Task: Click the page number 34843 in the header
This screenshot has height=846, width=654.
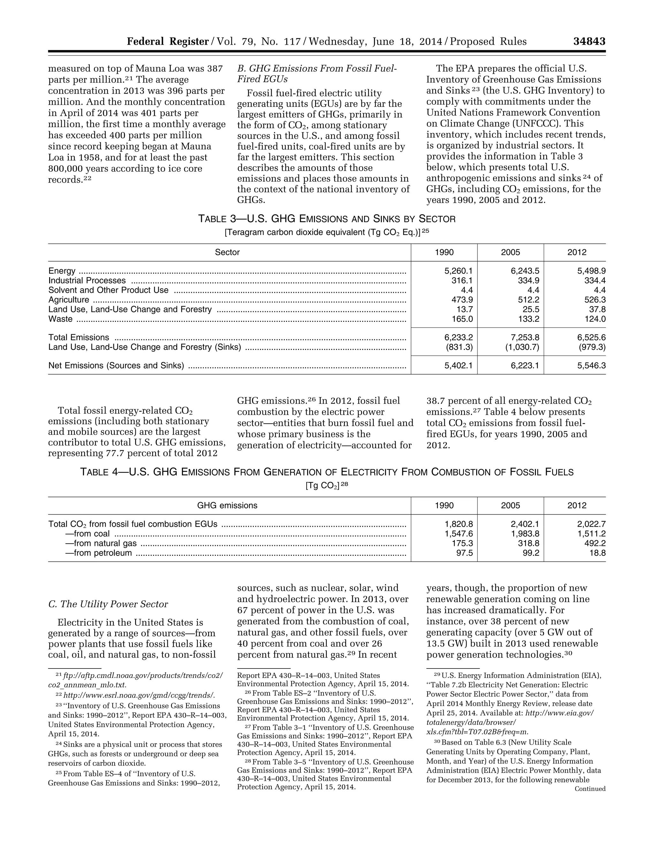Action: coord(589,42)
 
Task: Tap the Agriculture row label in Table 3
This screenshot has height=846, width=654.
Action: coord(69,300)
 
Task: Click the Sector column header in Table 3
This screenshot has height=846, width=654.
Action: coord(227,252)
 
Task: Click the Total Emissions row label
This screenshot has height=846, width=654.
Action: coord(79,337)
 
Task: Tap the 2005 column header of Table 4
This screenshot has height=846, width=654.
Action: coord(510,505)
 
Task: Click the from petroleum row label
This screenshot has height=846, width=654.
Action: coord(98,553)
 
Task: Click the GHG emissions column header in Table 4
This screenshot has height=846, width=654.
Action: coord(227,505)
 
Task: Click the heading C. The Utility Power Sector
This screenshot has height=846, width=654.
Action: coord(108,604)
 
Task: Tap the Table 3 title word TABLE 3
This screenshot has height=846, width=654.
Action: coord(217,219)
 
